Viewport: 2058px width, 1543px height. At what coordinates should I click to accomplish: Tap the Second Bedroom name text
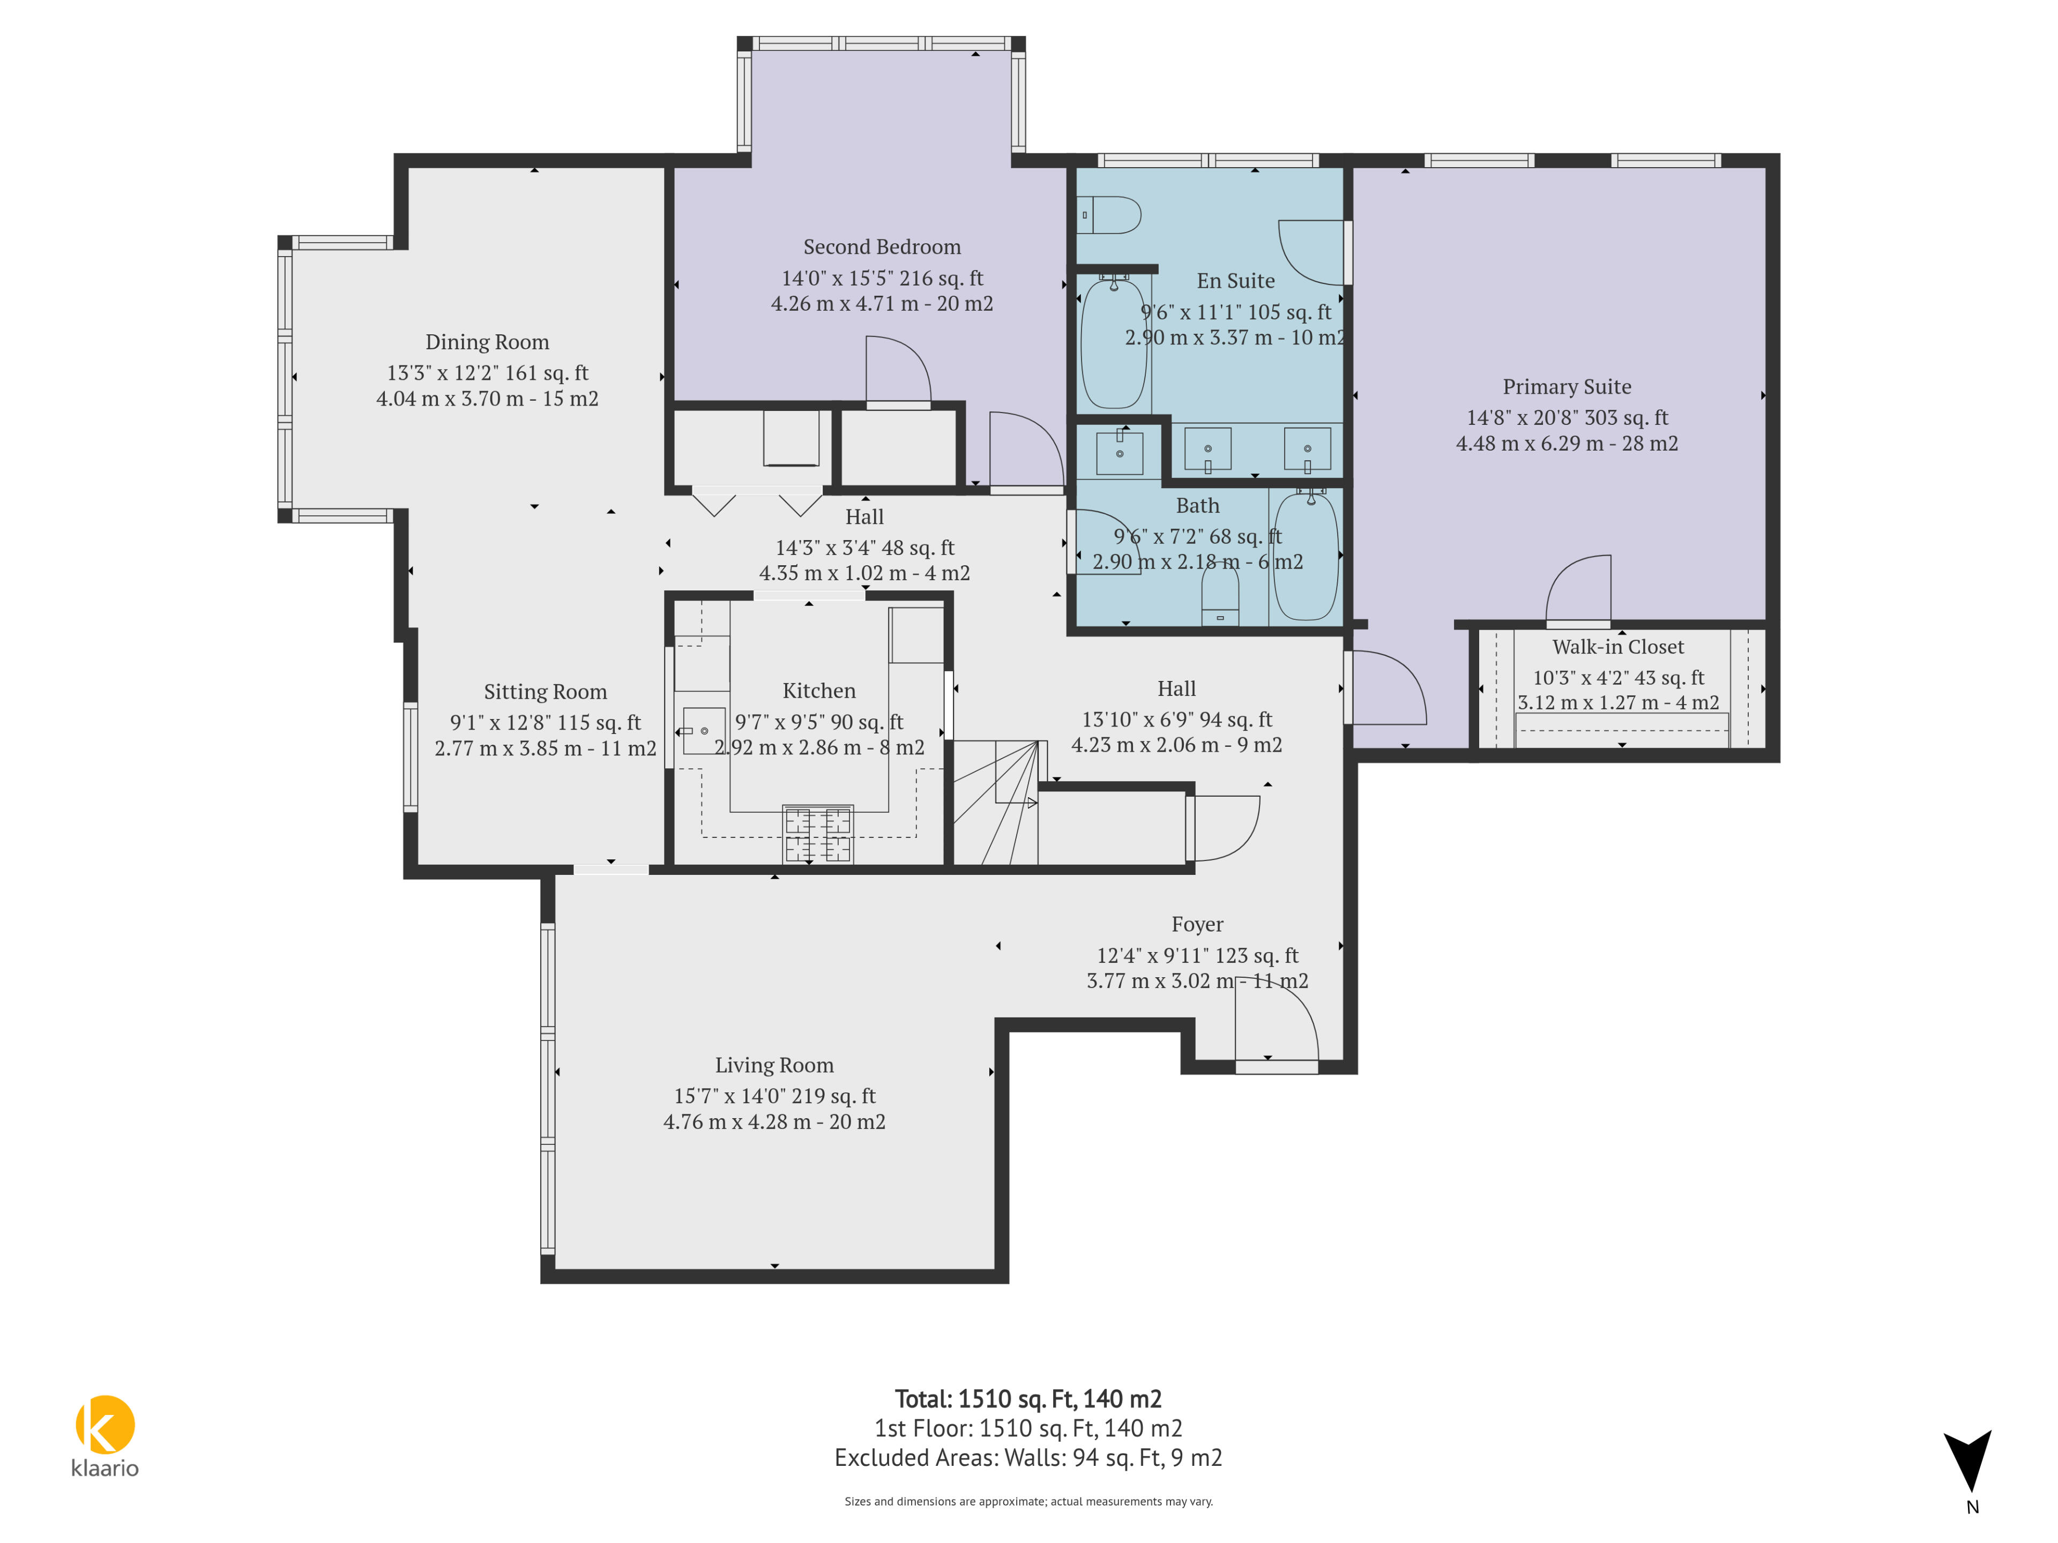click(x=882, y=246)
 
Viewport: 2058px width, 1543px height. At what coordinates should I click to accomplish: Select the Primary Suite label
click(x=1567, y=387)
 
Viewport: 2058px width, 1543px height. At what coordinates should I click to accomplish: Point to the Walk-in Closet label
click(x=1618, y=647)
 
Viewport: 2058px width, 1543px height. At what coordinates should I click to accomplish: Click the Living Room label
click(x=774, y=1065)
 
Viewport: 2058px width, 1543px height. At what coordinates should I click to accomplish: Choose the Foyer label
click(x=1197, y=925)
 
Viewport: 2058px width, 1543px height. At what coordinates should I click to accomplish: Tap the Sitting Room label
click(x=545, y=692)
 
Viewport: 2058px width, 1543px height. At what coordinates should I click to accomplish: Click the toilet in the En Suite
click(x=1109, y=215)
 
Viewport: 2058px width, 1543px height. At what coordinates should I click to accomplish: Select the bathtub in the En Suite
click(x=1114, y=341)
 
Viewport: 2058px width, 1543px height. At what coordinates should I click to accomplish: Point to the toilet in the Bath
click(x=1220, y=595)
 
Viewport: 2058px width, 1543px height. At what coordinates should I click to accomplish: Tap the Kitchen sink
click(x=703, y=731)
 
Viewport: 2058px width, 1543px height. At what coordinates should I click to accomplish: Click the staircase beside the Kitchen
click(x=996, y=803)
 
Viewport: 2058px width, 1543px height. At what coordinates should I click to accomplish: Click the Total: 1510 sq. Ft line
click(x=1028, y=1399)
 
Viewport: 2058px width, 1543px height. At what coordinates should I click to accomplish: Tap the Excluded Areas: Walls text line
click(x=1028, y=1457)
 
